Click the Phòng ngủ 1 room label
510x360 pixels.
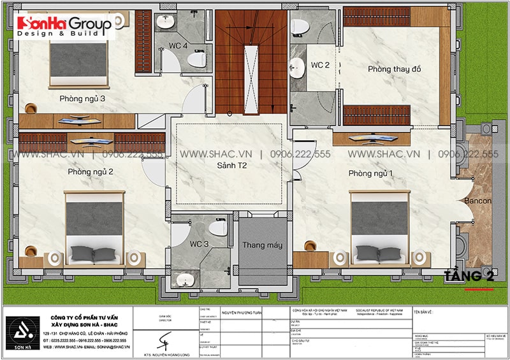click(370, 173)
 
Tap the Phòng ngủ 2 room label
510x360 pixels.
click(91, 172)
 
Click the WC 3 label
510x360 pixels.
click(199, 244)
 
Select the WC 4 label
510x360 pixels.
click(177, 46)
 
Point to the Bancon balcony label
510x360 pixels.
click(477, 201)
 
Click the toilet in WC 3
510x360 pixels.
click(218, 226)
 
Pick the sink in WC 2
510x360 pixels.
click(297, 66)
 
